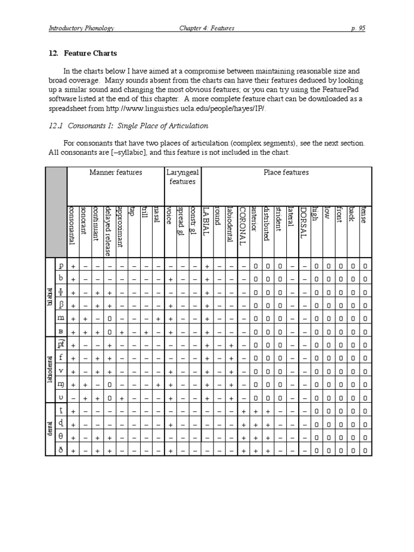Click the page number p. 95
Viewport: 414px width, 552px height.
pyautogui.click(x=358, y=29)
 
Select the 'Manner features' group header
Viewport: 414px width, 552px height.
pyautogui.click(x=115, y=172)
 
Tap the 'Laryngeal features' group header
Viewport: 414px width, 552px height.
pyautogui.click(x=182, y=177)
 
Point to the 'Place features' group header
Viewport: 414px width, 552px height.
pyautogui.click(x=286, y=172)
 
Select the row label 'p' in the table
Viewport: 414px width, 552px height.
pyautogui.click(x=61, y=266)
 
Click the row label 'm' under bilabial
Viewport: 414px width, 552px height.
pyautogui.click(x=61, y=318)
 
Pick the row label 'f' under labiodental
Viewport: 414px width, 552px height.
pyautogui.click(x=61, y=357)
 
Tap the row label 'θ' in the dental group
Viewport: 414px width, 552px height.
pyautogui.click(x=61, y=436)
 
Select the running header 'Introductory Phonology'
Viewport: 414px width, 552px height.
pyautogui.click(x=81, y=29)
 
